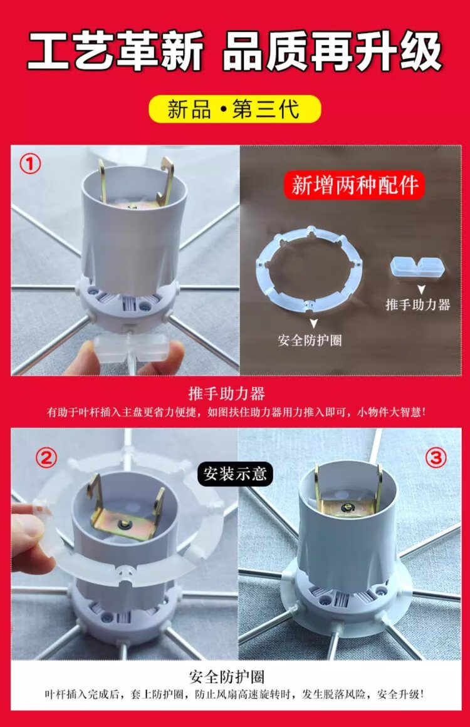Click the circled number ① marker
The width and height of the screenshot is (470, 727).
(x=30, y=163)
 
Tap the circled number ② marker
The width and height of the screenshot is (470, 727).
(x=46, y=458)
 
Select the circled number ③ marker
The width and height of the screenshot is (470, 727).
(x=436, y=458)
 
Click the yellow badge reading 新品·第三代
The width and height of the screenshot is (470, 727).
(x=235, y=110)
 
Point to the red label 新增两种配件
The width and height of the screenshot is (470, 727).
(x=354, y=185)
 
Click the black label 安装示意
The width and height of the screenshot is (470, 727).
(x=235, y=473)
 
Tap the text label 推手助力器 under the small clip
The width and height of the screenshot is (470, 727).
(x=418, y=304)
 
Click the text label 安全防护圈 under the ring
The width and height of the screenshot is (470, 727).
(x=310, y=341)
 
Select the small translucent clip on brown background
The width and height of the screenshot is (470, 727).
(x=417, y=269)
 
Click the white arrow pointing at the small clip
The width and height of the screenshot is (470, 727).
(x=421, y=290)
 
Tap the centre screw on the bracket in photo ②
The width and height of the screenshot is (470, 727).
(x=124, y=524)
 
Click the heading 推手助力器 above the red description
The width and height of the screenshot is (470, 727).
(x=226, y=394)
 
